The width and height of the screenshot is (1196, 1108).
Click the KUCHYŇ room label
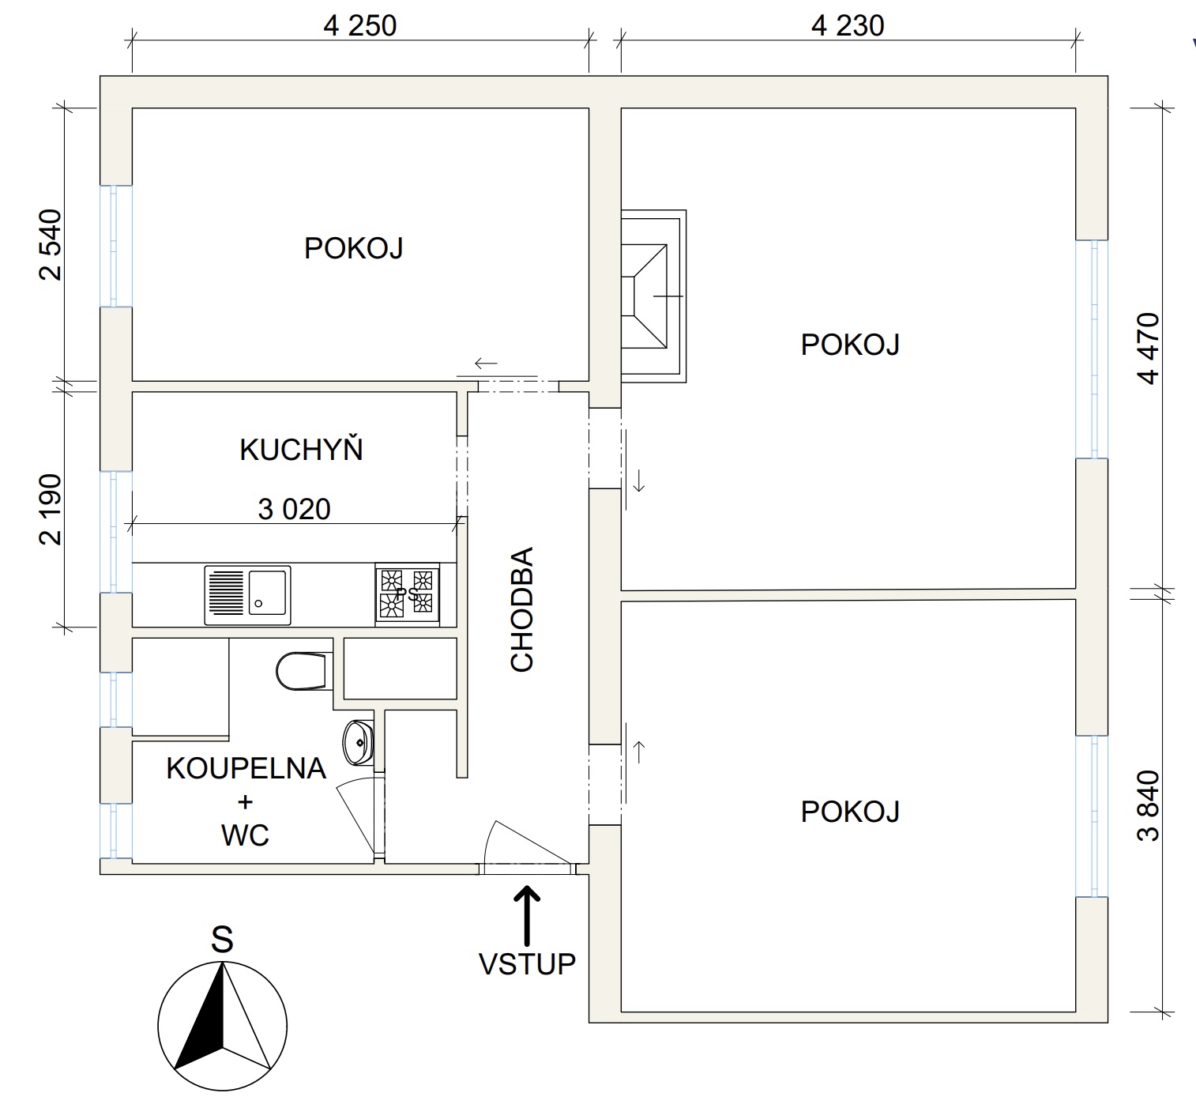click(x=301, y=450)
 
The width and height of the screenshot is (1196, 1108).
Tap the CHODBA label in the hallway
click(x=523, y=609)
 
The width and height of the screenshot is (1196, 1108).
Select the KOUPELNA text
click(x=246, y=768)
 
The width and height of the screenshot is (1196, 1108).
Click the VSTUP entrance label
click(x=528, y=964)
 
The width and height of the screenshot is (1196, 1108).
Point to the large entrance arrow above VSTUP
click(x=528, y=913)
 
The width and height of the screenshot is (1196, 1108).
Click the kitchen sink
click(x=247, y=595)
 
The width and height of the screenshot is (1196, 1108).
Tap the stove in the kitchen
click(x=408, y=594)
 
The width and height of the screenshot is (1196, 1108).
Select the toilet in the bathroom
click(x=303, y=671)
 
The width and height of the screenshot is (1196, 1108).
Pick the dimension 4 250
click(x=359, y=26)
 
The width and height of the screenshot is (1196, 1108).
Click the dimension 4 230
click(x=848, y=26)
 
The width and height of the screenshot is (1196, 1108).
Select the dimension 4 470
click(x=1149, y=349)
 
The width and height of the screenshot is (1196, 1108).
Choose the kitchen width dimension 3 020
click(x=294, y=510)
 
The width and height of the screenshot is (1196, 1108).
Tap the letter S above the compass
click(x=222, y=940)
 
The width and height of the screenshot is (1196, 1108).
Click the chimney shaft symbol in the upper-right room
click(x=653, y=296)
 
